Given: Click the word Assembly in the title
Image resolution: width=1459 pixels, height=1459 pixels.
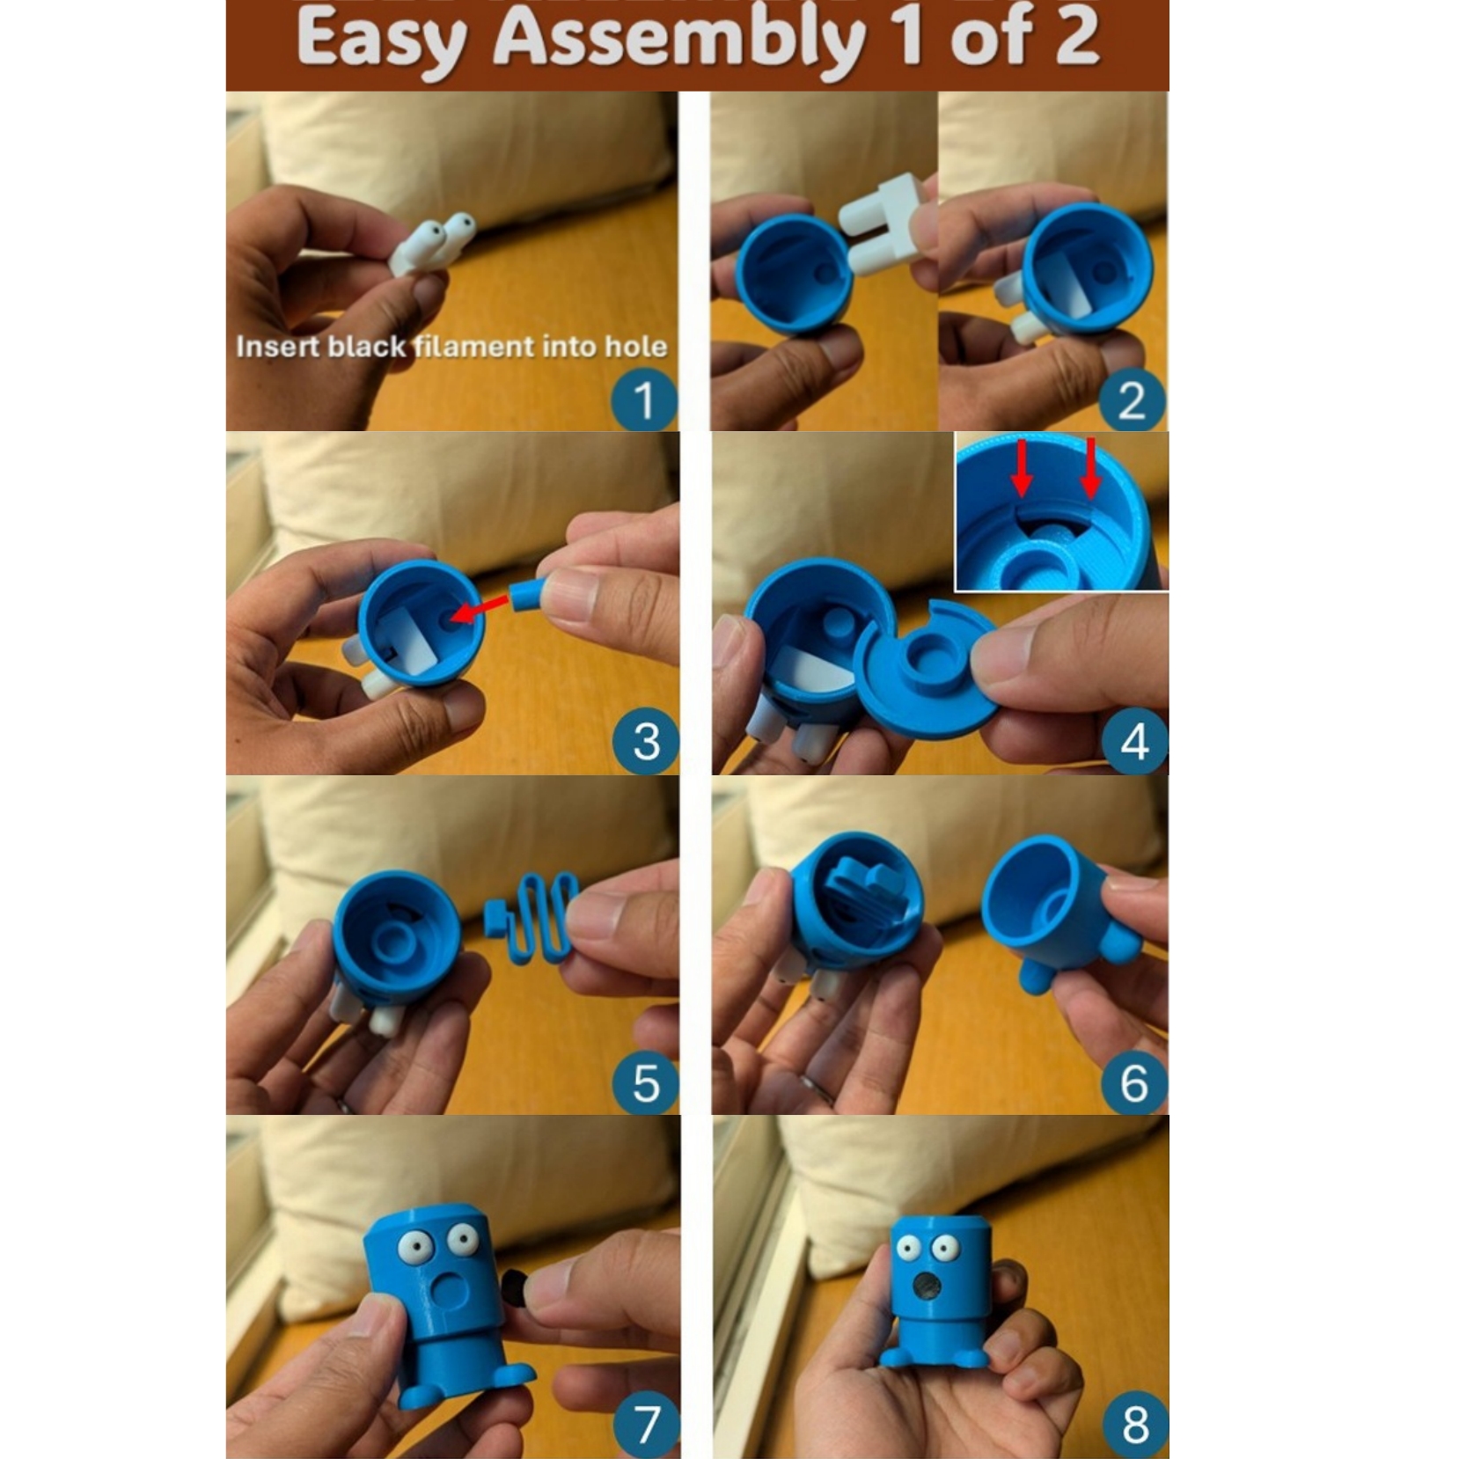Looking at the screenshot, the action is pos(678,40).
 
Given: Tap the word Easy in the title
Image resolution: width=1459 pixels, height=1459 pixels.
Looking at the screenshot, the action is pos(380,40).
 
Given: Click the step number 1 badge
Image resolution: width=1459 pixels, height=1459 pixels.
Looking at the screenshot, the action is pos(644,401).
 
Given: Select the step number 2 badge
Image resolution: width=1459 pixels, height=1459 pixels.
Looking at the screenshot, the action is pos(1133,401).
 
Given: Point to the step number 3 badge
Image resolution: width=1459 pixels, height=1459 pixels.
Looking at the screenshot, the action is pos(646,741).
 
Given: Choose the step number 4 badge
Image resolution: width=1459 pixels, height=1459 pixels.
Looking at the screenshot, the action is pos(1134,741).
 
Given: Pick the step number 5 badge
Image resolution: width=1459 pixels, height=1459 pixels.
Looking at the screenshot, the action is pos(646,1082).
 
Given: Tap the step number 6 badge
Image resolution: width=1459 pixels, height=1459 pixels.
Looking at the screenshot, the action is pos(1134,1082).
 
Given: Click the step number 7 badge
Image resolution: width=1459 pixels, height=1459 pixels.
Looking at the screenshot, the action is pos(646,1424).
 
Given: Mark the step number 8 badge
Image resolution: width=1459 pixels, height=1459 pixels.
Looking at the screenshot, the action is pos(1134,1424).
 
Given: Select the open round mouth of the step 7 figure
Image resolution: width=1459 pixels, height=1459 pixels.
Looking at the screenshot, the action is pos(452,1293).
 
